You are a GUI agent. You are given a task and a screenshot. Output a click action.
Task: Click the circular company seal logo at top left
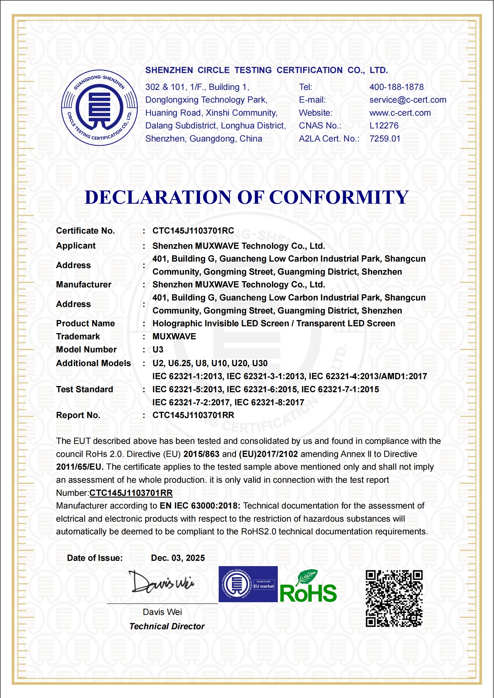point(99,108)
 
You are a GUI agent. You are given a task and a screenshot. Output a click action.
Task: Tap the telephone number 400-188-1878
point(396,87)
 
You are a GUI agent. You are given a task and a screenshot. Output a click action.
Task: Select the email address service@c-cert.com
point(408,100)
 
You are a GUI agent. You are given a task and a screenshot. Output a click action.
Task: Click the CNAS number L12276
point(384,126)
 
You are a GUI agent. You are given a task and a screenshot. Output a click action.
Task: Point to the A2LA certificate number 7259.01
point(384,139)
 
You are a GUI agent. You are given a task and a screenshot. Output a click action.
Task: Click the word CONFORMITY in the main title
point(339,197)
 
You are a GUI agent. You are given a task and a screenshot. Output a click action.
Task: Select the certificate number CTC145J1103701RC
point(193,231)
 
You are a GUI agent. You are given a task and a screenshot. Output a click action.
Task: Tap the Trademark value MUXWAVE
point(174,337)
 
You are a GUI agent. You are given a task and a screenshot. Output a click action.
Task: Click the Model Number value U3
point(158,350)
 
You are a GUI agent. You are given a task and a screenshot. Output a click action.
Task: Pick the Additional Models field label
point(93,363)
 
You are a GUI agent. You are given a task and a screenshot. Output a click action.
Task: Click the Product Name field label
point(85,323)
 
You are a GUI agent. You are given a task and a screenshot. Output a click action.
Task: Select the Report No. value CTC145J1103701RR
point(193,415)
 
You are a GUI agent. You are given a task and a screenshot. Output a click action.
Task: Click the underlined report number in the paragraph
point(131,493)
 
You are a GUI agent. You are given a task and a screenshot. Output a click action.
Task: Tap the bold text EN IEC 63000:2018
point(200,506)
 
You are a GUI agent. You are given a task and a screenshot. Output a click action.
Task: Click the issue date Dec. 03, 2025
point(178,558)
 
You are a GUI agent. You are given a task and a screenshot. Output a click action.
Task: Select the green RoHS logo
point(308,587)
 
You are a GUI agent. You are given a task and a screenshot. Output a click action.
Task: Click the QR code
point(394,598)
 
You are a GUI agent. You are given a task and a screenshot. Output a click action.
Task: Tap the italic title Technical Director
point(167,626)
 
